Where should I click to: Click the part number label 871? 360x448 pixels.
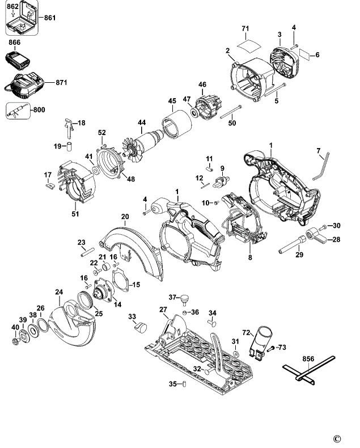click(x=61, y=83)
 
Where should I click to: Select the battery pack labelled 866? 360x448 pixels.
click(x=18, y=60)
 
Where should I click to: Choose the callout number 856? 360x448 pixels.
click(x=308, y=359)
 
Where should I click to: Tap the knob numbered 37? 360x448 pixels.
click(x=185, y=301)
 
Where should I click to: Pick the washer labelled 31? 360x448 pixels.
click(x=236, y=354)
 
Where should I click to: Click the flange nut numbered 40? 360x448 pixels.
click(x=16, y=341)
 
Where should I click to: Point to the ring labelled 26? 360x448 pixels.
click(x=43, y=326)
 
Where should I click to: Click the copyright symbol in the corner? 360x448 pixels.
click(x=337, y=438)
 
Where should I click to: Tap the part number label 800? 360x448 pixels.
click(x=39, y=109)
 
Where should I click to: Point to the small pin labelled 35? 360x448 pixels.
click(x=184, y=384)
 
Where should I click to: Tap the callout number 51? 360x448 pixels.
click(x=75, y=213)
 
